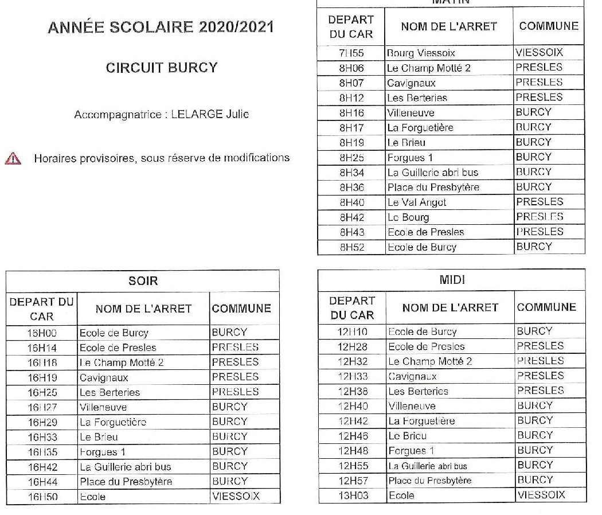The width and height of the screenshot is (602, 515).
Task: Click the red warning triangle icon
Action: tap(13, 159)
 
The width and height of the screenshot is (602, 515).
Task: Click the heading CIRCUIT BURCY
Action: tap(162, 68)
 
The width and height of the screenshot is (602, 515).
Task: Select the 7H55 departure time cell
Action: tap(351, 53)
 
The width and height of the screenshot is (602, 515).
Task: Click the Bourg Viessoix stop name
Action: tap(421, 53)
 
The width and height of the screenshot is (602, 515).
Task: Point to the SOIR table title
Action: tap(143, 281)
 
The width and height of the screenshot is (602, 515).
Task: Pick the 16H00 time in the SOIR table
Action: tap(42, 333)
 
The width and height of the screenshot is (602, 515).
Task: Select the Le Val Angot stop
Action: tap(417, 202)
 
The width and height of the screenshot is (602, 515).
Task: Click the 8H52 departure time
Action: tap(351, 247)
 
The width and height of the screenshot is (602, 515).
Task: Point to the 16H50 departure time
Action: tap(42, 497)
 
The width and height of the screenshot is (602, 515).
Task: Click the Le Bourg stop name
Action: tap(408, 217)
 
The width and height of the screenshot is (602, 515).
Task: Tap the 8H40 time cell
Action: tap(351, 202)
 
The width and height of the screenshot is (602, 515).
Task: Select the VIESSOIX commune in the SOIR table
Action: tap(236, 496)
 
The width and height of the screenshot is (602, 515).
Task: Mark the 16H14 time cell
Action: tap(42, 348)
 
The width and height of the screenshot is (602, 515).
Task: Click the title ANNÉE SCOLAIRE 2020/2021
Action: tap(161, 27)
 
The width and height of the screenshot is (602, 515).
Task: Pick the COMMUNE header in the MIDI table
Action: tap(546, 307)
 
